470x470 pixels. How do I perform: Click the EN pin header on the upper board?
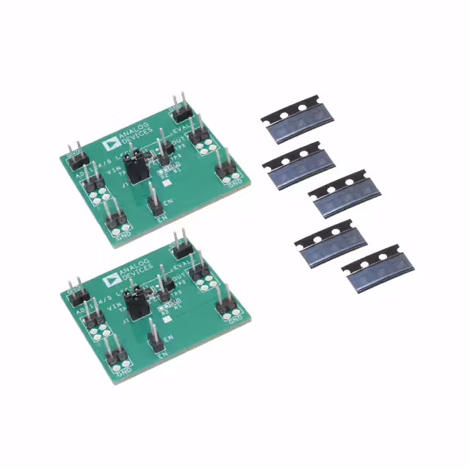pyautogui.click(x=153, y=200)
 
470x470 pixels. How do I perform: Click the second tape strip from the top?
pyautogui.click(x=299, y=164)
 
